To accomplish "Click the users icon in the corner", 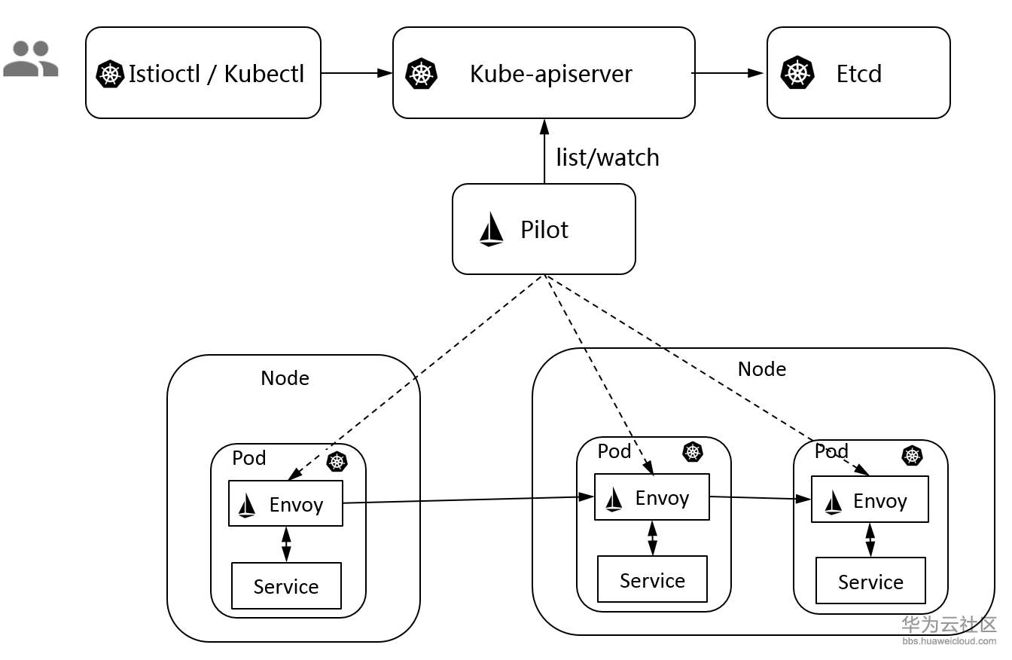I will pyautogui.click(x=30, y=59).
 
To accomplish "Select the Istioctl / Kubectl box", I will pyautogui.click(x=203, y=73).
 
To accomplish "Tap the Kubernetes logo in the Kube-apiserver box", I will pyautogui.click(x=421, y=74).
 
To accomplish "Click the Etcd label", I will pyautogui.click(x=858, y=74).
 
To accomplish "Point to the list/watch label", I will pyautogui.click(x=607, y=157).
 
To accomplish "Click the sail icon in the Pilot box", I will pyautogui.click(x=491, y=229).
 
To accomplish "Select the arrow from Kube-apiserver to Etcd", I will pyautogui.click(x=727, y=73).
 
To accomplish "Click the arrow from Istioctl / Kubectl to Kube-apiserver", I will pyautogui.click(x=356, y=73).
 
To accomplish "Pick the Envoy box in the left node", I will pyautogui.click(x=285, y=503).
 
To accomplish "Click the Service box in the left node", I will pyautogui.click(x=286, y=586).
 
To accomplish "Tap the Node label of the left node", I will pyautogui.click(x=285, y=377).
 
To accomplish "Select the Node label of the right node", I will pyautogui.click(x=761, y=368).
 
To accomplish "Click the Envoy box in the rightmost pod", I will pyautogui.click(x=870, y=500).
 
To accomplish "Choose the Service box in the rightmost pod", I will pyautogui.click(x=870, y=581).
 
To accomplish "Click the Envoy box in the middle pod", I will pyautogui.click(x=652, y=497).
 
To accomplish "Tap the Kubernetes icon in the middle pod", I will pyautogui.click(x=692, y=452).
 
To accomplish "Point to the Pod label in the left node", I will pyautogui.click(x=248, y=458).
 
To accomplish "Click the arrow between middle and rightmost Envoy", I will pyautogui.click(x=760, y=498).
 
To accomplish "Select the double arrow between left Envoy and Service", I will pyautogui.click(x=286, y=544).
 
